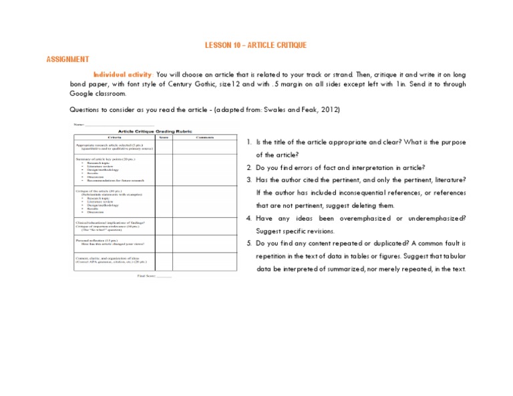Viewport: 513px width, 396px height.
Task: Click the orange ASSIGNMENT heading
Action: [67, 59]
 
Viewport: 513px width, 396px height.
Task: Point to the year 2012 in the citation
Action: [335, 109]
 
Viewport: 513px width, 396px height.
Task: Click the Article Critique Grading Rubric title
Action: [154, 131]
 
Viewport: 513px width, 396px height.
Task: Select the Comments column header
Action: [206, 137]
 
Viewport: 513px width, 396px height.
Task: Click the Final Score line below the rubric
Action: [154, 275]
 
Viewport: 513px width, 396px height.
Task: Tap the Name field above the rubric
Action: [114, 125]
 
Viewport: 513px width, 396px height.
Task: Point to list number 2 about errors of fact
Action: [248, 167]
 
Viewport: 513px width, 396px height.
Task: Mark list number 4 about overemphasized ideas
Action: [248, 218]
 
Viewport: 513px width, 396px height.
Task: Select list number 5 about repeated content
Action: [248, 243]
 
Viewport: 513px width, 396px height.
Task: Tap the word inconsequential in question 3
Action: [353, 193]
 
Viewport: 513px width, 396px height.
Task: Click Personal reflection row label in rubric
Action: [93, 239]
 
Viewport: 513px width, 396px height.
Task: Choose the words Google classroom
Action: [97, 94]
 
